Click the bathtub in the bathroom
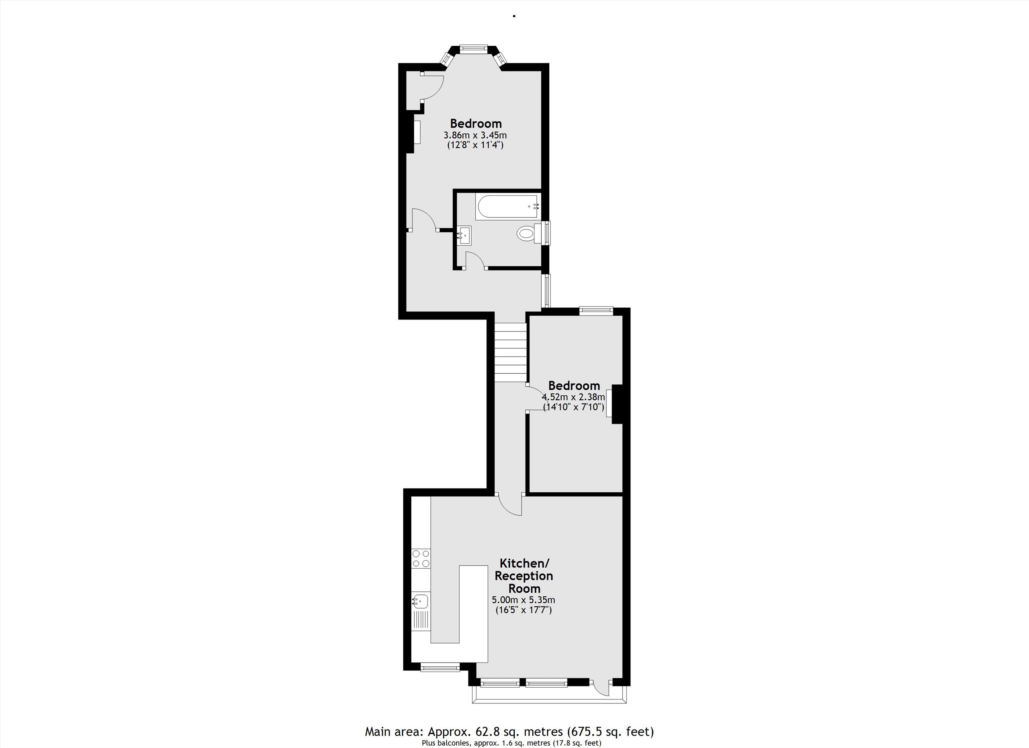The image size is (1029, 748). coord(508,207)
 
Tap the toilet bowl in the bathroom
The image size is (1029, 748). coord(526,234)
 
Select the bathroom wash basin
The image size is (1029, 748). coord(464,236)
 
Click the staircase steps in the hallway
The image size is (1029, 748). coord(510,352)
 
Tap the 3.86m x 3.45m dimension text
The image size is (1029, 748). coord(475,135)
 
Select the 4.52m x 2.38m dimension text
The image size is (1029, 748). coord(573,397)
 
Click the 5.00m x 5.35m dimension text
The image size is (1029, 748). coord(524,600)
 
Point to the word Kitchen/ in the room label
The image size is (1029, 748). coord(524,564)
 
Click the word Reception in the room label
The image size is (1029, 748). coord(524,576)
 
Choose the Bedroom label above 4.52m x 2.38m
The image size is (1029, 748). coord(574,385)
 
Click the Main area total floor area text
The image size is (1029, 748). coord(509,731)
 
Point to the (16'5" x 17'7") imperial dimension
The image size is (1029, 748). coord(524,610)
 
